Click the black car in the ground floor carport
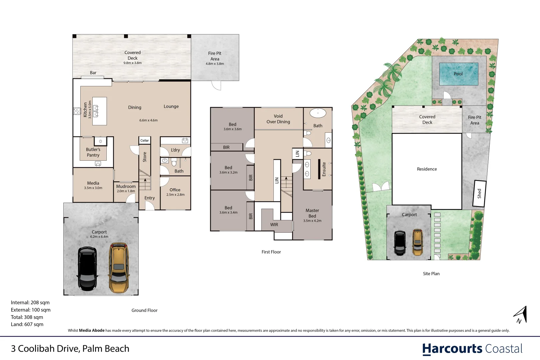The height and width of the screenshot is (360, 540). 88,269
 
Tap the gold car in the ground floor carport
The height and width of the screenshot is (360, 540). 118,268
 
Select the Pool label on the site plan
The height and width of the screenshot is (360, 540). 458,74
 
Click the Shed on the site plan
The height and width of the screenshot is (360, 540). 479,194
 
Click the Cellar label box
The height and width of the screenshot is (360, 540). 145,140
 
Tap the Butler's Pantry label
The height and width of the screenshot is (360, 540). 93,152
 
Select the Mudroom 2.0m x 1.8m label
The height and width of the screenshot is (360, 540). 126,188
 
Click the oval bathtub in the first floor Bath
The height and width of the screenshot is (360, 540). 318,113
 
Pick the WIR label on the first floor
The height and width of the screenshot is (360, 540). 274,225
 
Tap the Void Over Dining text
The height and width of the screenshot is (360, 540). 278,119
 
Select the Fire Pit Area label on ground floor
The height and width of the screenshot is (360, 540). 215,58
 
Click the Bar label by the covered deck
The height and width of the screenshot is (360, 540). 93,73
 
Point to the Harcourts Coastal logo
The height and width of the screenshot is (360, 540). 472,349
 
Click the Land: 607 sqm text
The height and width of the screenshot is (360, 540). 27,324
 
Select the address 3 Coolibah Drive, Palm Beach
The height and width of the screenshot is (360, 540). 70,349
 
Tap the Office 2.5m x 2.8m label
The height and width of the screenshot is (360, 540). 175,192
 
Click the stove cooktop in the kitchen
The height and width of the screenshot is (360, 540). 77,111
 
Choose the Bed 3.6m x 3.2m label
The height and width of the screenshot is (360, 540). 228,170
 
